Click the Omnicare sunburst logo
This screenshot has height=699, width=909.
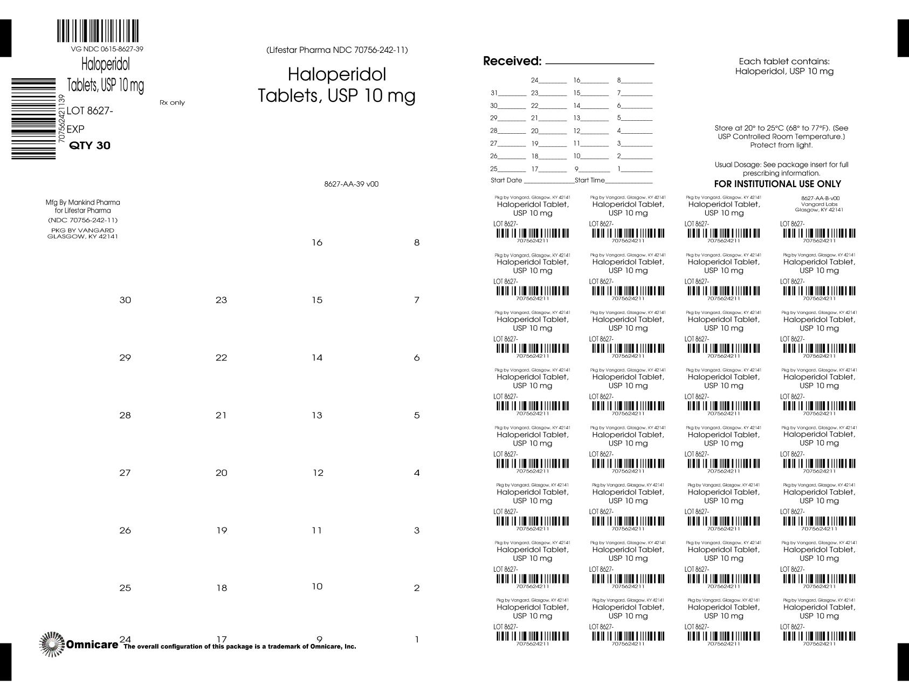[52, 644]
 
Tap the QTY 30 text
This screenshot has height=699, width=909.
[90, 146]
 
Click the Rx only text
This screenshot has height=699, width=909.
[172, 102]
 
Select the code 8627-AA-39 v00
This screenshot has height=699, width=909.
[351, 184]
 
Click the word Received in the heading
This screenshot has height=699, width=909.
[512, 61]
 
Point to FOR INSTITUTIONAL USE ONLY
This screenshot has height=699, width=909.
[777, 184]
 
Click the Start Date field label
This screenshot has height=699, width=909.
[506, 180]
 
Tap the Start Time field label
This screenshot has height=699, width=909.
[590, 180]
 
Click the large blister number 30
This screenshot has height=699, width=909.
[125, 300]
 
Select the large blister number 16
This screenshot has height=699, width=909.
[317, 243]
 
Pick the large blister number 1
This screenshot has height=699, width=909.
[417, 640]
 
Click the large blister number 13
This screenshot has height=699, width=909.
[317, 415]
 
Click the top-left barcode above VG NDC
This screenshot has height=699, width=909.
[98, 31]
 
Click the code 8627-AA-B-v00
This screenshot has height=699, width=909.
[820, 198]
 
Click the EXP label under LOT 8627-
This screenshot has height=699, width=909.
[75, 129]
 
